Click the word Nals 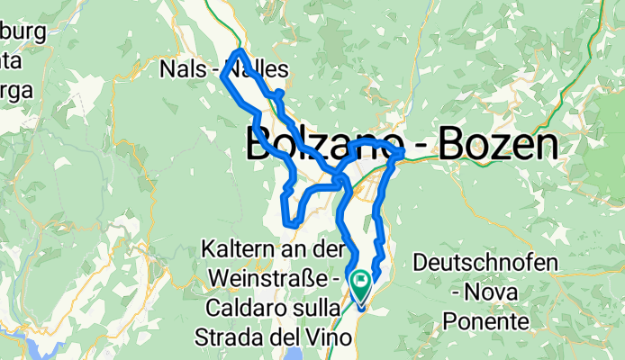(182, 69)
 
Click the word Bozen (503, 145)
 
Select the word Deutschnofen (486, 263)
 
